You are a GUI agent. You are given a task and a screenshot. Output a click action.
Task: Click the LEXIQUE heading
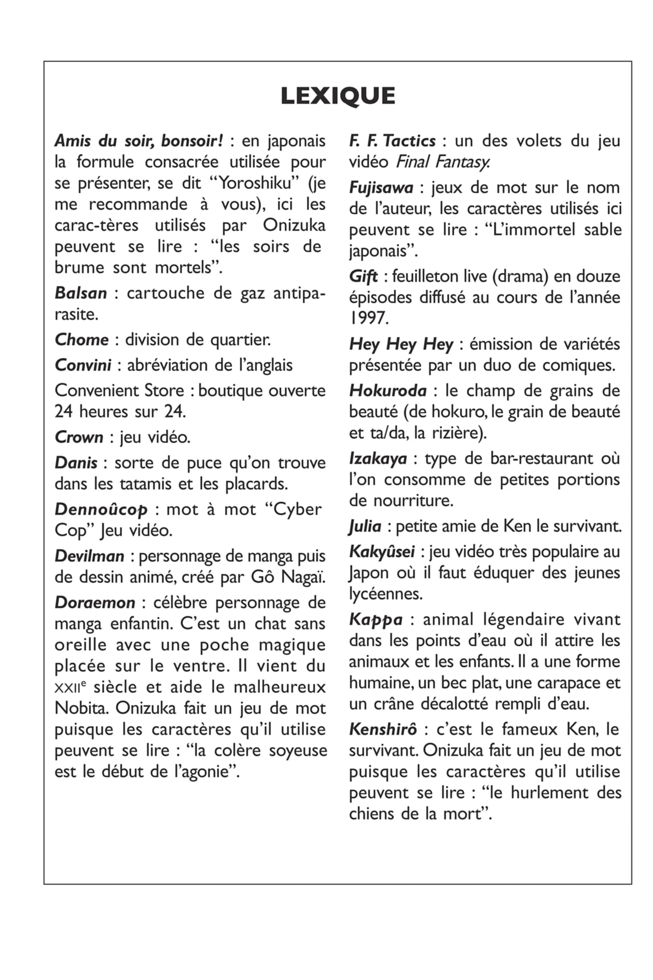click(x=338, y=96)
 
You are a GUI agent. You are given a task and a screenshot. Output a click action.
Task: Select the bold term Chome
click(x=82, y=340)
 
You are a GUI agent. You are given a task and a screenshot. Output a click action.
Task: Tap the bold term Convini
click(x=83, y=365)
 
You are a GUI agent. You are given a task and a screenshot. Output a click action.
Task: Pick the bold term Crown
click(x=79, y=437)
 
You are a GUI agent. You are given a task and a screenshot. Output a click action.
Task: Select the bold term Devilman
click(x=89, y=557)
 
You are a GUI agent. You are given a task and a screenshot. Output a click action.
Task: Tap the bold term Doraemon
click(x=95, y=603)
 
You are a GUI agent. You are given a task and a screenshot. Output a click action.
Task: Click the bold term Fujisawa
click(x=381, y=188)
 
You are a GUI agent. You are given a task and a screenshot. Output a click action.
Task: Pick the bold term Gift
click(x=363, y=277)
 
